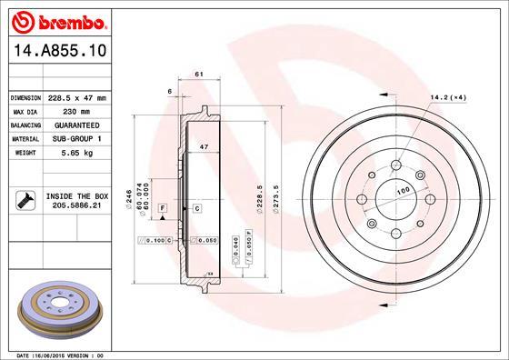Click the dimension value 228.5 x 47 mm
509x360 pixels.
click(76, 97)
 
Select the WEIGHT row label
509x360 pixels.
click(22, 153)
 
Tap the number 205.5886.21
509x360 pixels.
click(76, 206)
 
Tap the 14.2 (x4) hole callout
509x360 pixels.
click(448, 97)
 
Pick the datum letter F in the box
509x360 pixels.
click(161, 208)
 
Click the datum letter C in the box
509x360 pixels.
click(196, 208)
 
